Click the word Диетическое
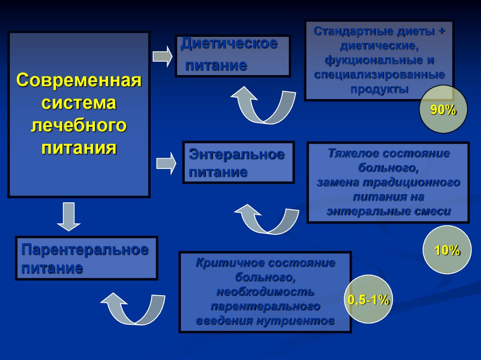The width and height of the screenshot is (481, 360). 229,44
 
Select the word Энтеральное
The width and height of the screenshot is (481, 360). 237,154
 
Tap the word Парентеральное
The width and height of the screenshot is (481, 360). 85,250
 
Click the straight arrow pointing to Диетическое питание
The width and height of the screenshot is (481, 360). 163,56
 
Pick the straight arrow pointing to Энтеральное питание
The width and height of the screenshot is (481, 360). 166,163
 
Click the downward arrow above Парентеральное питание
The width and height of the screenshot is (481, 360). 70,215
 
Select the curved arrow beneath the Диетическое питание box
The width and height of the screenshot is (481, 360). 263,106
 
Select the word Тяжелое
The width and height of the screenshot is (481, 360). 353,153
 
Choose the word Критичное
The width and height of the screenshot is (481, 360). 226,263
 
